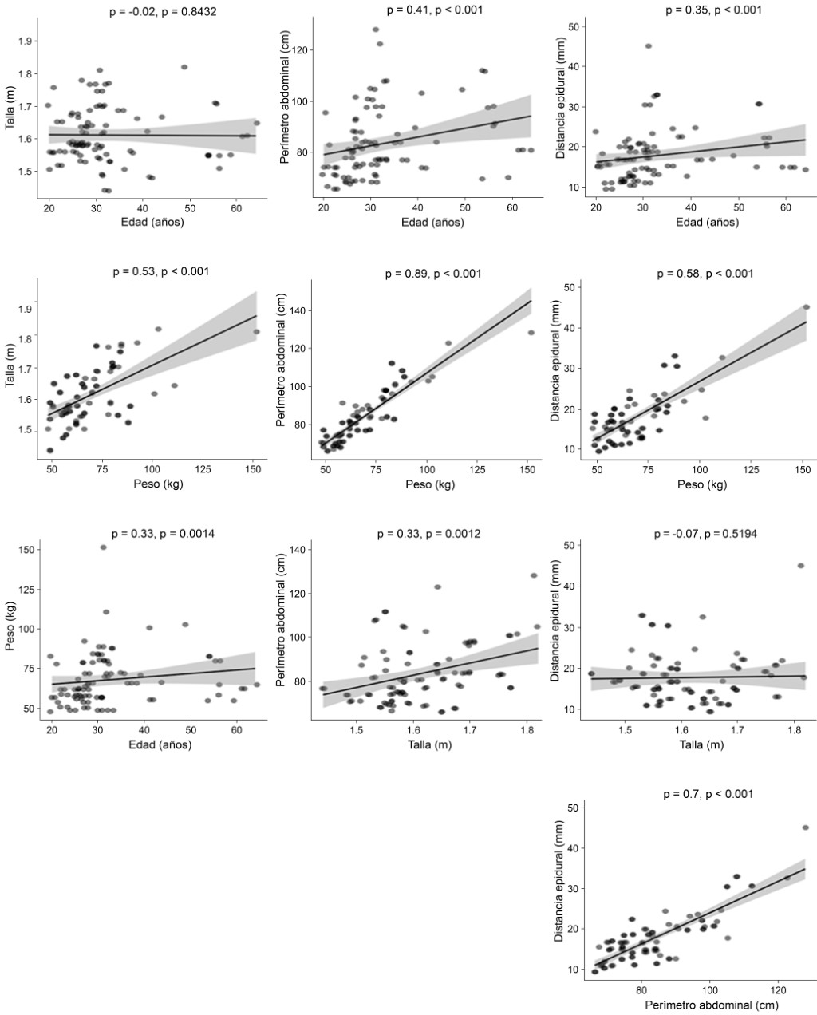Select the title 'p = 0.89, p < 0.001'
(x=433, y=274)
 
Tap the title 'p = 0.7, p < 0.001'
(x=708, y=794)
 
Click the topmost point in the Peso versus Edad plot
(x=103, y=547)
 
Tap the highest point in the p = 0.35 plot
(x=648, y=46)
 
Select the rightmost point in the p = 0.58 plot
(x=806, y=307)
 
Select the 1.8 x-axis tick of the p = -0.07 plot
(x=794, y=729)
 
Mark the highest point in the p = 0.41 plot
(x=375, y=30)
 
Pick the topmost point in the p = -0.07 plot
(x=800, y=566)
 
